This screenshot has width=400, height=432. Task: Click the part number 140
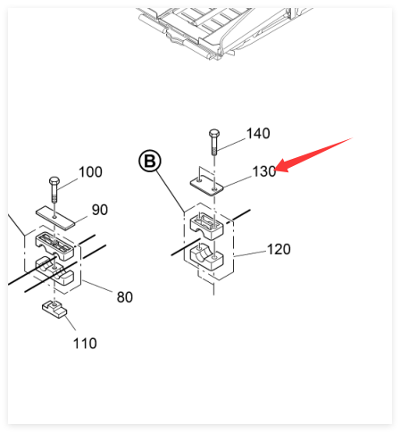[x=258, y=133]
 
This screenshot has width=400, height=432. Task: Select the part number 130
[x=264, y=171]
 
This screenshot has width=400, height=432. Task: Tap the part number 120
[x=279, y=249]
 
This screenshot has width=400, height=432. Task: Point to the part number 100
[x=90, y=172]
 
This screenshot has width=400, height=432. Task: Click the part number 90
[x=100, y=210]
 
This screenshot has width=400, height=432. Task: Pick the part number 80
[x=125, y=297]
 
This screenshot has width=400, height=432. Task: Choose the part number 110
[x=85, y=344]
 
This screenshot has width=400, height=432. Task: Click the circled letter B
[x=150, y=161]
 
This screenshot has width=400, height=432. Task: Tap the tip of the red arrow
[x=276, y=170]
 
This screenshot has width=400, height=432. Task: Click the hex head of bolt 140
[x=214, y=133]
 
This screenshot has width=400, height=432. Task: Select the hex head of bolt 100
[x=54, y=181]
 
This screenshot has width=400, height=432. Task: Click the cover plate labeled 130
[x=207, y=186]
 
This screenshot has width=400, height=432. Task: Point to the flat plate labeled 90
[x=56, y=218]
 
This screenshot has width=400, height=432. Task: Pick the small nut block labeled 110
[x=54, y=309]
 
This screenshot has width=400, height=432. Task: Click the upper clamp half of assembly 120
[x=207, y=226]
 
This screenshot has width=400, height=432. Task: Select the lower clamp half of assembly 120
[x=207, y=257]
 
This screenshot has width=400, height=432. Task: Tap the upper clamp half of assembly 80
[x=54, y=246]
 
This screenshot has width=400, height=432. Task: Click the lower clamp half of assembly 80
[x=54, y=270]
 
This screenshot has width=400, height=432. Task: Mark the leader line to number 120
[x=250, y=253]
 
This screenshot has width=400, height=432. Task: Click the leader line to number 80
[x=97, y=287]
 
